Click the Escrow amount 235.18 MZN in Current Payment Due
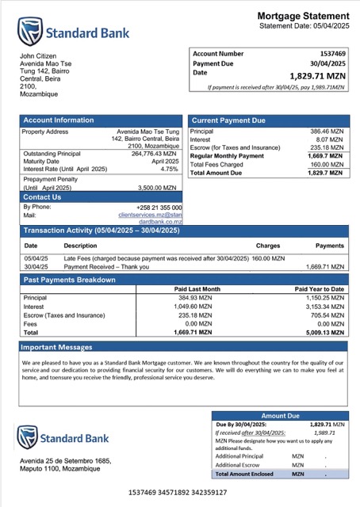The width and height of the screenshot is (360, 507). (326, 147)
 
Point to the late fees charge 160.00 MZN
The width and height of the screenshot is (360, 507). (269, 258)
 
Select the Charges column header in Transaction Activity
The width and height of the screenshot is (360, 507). (268, 246)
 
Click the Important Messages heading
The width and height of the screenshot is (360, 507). (57, 347)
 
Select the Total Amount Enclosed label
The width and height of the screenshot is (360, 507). (248, 473)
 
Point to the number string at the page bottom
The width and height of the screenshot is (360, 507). (178, 492)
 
